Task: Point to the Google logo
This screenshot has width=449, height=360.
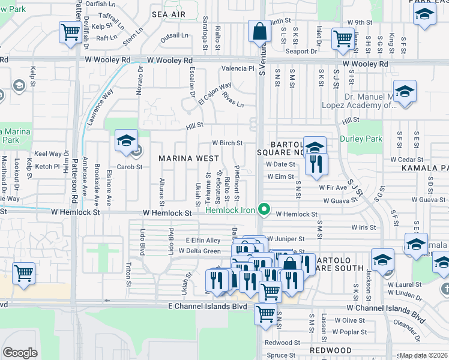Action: (x=20, y=352)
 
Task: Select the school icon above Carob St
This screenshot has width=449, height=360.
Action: (x=126, y=140)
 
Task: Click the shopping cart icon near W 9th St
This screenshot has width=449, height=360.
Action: (x=343, y=38)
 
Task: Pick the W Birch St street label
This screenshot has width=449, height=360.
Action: (x=228, y=143)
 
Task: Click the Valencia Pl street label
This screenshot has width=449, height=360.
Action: (x=238, y=68)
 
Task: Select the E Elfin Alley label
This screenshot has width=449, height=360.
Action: (x=203, y=240)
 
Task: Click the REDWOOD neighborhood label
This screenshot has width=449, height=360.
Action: (x=331, y=350)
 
